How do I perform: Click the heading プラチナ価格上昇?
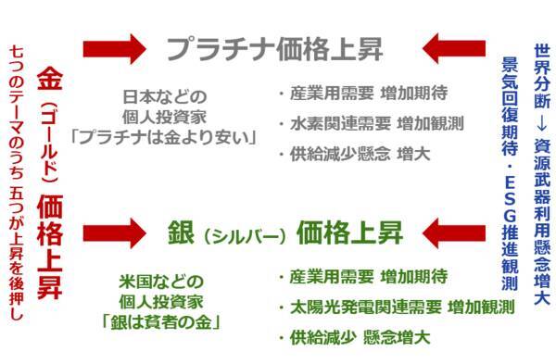click(274, 47)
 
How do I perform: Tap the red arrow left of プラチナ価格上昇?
click(113, 46)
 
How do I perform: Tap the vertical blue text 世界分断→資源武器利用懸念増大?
click(542, 176)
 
